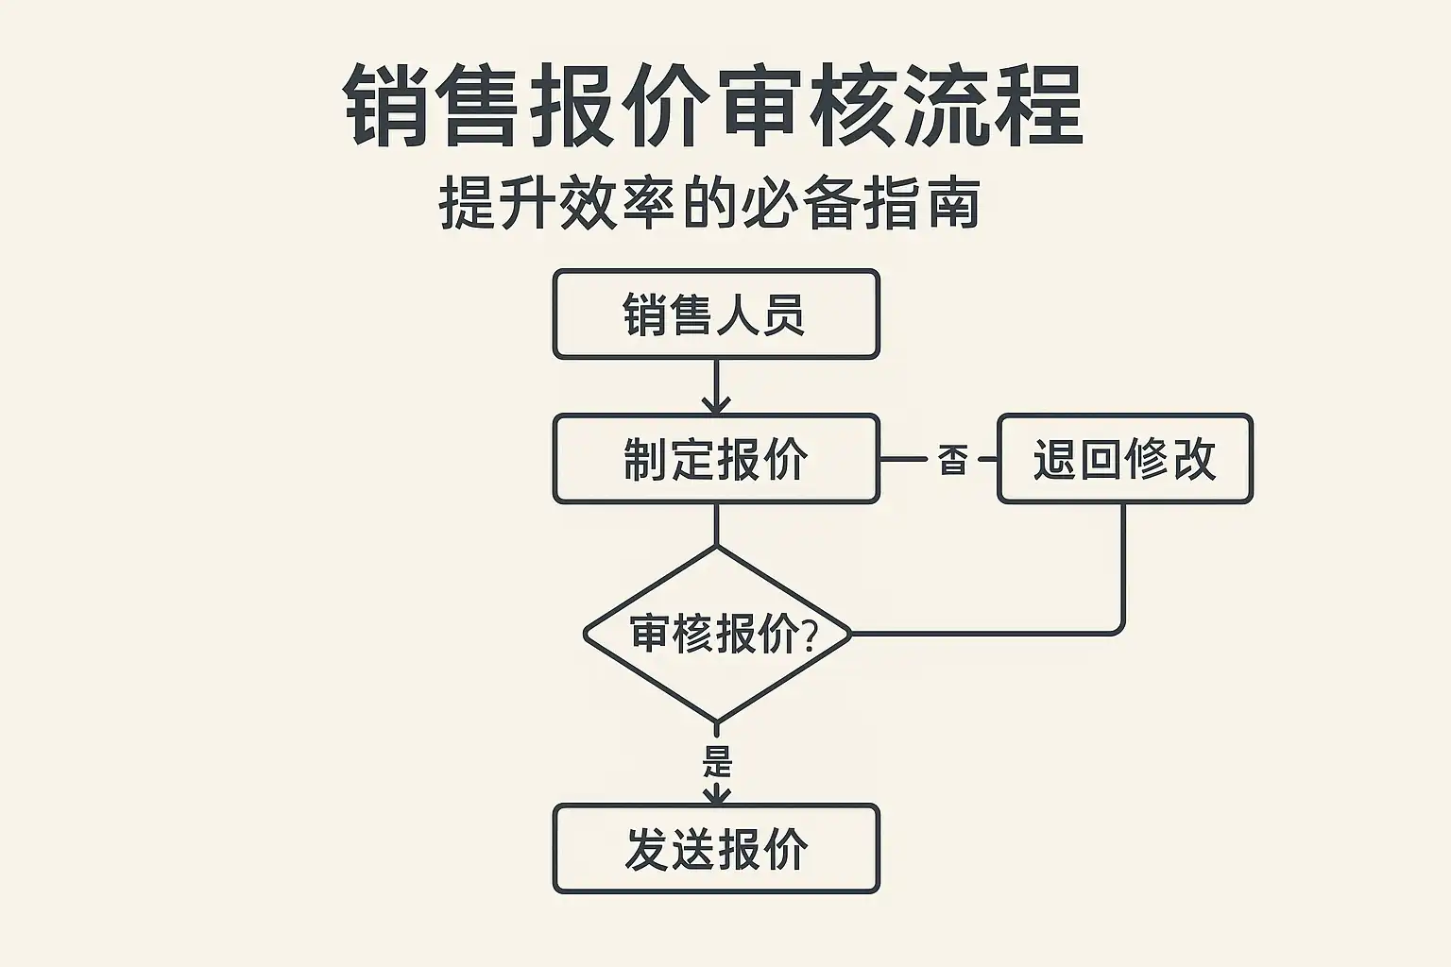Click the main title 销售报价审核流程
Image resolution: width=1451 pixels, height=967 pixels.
tap(713, 106)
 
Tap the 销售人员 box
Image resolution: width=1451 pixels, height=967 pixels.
tap(716, 314)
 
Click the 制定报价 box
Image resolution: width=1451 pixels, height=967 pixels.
tap(716, 459)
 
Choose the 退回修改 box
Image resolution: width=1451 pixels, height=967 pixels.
tap(1124, 459)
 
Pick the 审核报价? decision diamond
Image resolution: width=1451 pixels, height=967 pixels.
tap(717, 634)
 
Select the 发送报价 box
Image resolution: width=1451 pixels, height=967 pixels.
tap(716, 849)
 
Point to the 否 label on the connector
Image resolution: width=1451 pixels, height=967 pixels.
tap(952, 460)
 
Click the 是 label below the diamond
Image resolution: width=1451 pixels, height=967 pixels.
tap(718, 760)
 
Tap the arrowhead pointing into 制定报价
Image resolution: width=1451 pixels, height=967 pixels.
tap(716, 405)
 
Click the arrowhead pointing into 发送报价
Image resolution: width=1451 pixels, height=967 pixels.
tap(717, 795)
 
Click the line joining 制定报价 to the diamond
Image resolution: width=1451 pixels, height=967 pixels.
tap(716, 524)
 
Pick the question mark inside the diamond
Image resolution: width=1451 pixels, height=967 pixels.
tap(809, 635)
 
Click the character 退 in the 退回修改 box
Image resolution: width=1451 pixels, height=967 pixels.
tap(1054, 460)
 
